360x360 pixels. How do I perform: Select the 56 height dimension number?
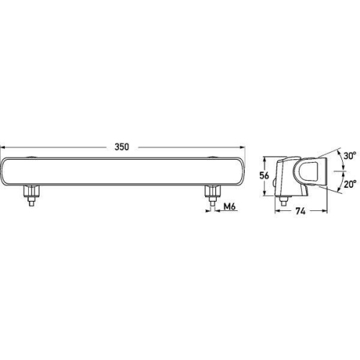pyautogui.click(x=264, y=175)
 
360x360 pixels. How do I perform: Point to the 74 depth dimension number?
pyautogui.click(x=299, y=212)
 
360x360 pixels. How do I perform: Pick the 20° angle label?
pyautogui.click(x=349, y=184)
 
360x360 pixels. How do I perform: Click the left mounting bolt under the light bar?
pyautogui.click(x=31, y=195)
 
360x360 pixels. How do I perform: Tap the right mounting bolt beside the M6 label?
pyautogui.click(x=212, y=195)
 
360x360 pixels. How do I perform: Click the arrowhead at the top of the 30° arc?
pyautogui.click(x=338, y=150)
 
